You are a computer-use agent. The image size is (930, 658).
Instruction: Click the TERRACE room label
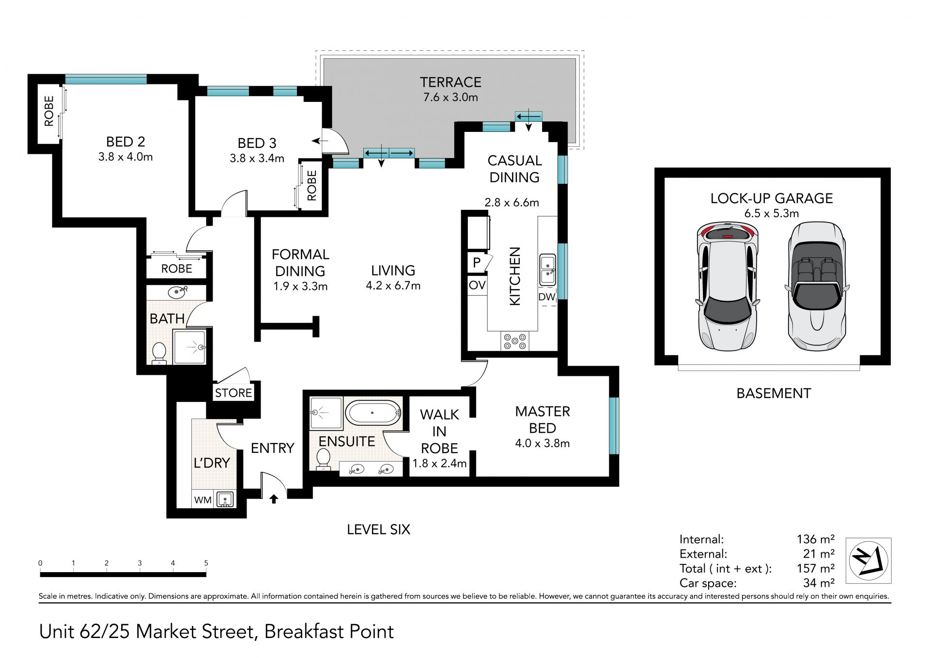(450, 82)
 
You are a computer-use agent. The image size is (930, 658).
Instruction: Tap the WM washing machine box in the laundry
(202, 500)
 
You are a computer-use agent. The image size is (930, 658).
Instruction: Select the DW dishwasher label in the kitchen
(547, 297)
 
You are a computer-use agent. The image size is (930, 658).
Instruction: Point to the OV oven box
(477, 286)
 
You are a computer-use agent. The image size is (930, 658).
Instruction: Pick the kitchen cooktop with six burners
(515, 341)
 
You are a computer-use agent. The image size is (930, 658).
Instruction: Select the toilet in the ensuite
(323, 459)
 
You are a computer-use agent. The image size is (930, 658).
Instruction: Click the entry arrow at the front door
(274, 498)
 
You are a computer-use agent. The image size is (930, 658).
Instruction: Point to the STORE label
(233, 393)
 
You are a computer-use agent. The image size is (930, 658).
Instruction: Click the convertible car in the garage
(817, 286)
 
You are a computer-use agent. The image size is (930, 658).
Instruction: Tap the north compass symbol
(868, 561)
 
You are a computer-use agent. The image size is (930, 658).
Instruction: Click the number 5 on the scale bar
(206, 563)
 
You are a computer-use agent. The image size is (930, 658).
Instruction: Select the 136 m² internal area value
(816, 539)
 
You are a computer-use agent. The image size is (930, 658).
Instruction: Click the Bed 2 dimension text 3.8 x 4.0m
(125, 157)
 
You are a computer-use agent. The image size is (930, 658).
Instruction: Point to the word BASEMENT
(774, 393)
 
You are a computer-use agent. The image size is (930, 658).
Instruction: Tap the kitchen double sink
(548, 270)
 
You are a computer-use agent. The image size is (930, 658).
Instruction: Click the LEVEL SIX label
(378, 530)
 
